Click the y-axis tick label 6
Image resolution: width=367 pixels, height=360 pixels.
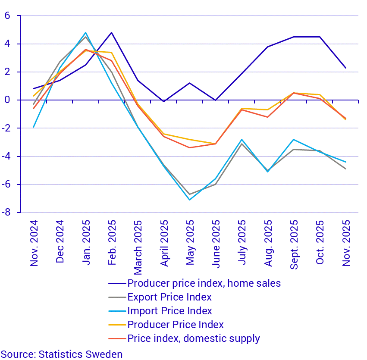(7, 16)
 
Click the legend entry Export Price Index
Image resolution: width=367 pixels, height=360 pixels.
(169, 297)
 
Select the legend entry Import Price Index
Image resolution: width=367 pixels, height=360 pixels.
(169, 311)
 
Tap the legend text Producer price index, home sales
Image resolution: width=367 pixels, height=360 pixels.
(204, 283)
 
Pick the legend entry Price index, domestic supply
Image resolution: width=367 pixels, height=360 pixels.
(194, 338)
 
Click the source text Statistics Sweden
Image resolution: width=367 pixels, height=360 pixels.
(62, 354)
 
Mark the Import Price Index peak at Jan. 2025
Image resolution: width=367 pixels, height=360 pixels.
(85, 33)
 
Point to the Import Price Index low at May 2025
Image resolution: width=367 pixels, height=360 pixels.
(189, 200)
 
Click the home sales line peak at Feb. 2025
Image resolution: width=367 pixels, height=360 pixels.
(111, 33)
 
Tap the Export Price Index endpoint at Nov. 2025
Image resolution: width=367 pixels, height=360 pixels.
(346, 169)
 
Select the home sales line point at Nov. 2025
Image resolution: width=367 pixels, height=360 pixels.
(346, 68)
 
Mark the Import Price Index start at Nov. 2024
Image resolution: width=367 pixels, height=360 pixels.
(34, 127)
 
